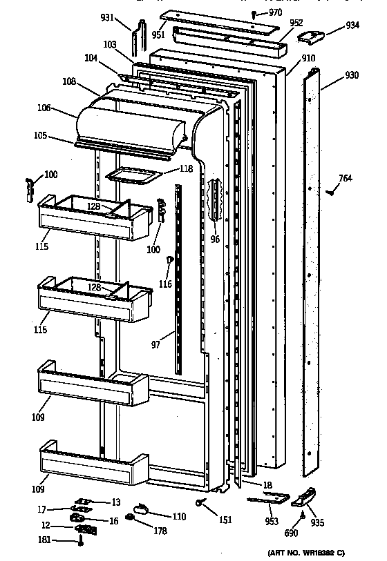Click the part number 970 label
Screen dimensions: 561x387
(x=276, y=12)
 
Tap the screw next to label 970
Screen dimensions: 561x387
(x=255, y=13)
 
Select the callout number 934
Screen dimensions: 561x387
(x=352, y=26)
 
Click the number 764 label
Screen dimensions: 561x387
(x=345, y=179)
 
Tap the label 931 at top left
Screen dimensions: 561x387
(x=126, y=17)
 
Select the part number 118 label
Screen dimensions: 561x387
(x=168, y=169)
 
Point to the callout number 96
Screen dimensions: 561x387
(x=215, y=240)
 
